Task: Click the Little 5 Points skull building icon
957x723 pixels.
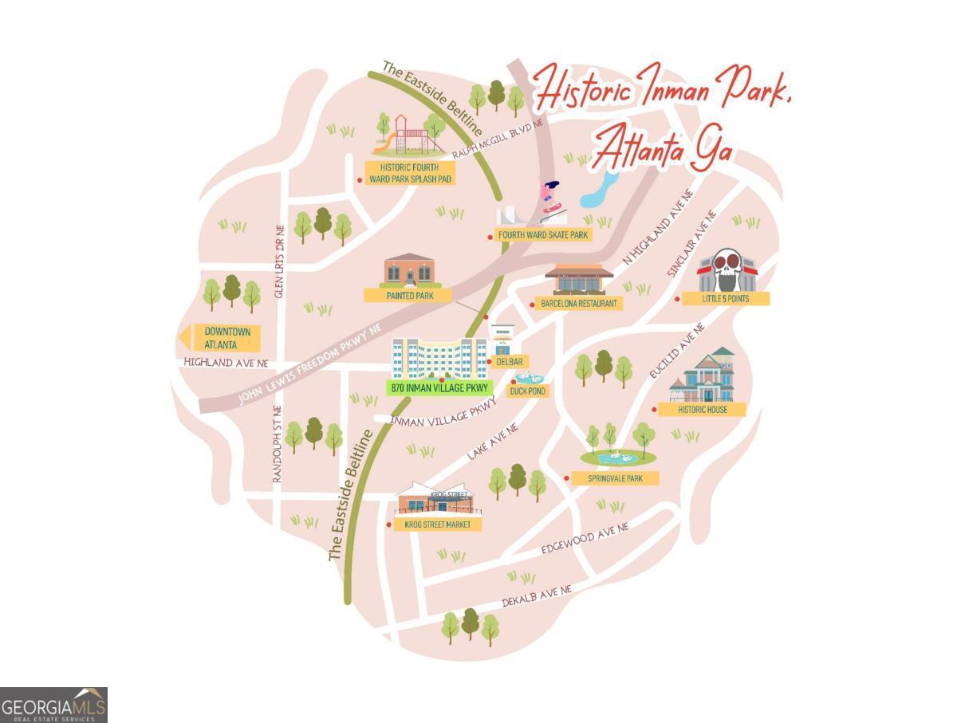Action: [727, 270]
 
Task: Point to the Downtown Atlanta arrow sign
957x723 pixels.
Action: [220, 338]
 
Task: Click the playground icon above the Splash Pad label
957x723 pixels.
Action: [408, 136]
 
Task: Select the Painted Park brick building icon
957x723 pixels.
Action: [410, 271]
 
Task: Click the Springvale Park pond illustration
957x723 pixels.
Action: [618, 457]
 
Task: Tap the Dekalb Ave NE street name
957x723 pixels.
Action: [537, 595]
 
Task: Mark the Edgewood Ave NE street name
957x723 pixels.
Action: [585, 538]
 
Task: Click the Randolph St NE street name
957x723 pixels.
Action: [278, 444]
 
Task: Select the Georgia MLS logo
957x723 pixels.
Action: [53, 705]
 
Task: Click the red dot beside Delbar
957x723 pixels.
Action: [489, 362]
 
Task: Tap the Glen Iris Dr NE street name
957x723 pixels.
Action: [279, 261]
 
